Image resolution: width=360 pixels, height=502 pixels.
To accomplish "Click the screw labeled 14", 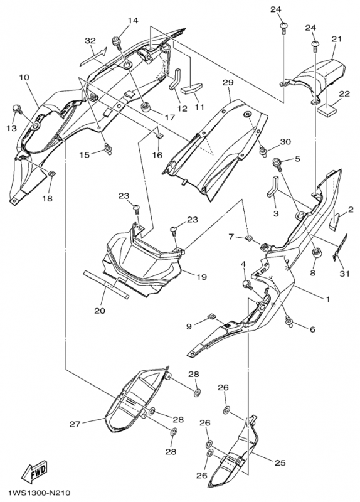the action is pyautogui.click(x=116, y=43).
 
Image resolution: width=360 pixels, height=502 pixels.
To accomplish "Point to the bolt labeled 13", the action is pyautogui.click(x=18, y=109).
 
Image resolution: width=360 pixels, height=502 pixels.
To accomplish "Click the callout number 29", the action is pyautogui.click(x=228, y=82).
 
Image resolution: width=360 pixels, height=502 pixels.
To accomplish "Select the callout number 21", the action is pyautogui.click(x=336, y=39).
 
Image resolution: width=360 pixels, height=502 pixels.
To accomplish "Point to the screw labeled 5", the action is pyautogui.click(x=277, y=164).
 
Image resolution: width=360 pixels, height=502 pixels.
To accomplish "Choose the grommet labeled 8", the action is pyautogui.click(x=317, y=254).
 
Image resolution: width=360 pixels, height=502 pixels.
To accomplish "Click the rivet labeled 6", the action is pyautogui.click(x=290, y=321).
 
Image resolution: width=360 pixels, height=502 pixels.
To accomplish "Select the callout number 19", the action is pyautogui.click(x=202, y=277).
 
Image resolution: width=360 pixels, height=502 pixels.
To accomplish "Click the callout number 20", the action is pyautogui.click(x=100, y=310).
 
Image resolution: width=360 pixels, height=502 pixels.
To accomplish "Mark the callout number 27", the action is pyautogui.click(x=75, y=424).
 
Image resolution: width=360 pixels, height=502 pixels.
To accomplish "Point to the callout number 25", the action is pyautogui.click(x=280, y=463).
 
